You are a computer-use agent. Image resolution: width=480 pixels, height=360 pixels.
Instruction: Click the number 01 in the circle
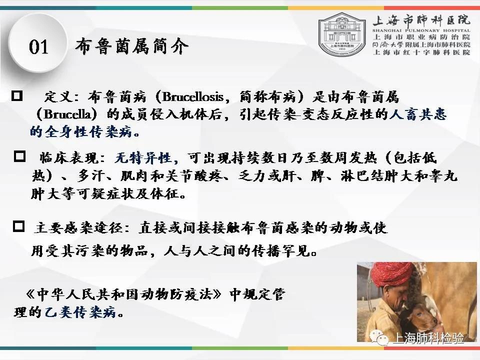click(x=38, y=47)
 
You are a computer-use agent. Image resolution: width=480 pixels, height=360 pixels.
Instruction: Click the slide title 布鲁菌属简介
click(x=132, y=46)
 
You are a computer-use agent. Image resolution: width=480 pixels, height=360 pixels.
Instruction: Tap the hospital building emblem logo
click(x=342, y=33)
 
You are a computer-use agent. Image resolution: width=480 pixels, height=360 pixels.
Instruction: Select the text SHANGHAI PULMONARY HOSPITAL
click(x=421, y=30)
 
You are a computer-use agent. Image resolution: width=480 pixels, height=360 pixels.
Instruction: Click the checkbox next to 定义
click(x=17, y=96)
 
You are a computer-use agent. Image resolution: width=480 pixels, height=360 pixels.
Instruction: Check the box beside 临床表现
click(x=19, y=156)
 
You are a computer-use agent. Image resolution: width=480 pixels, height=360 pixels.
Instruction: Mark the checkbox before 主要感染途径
click(x=19, y=226)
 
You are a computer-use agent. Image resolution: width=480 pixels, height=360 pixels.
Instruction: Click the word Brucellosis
click(x=193, y=96)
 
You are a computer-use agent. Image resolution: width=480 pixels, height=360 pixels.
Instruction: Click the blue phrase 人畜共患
click(x=418, y=114)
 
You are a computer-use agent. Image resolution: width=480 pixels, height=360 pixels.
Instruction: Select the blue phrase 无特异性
click(x=142, y=158)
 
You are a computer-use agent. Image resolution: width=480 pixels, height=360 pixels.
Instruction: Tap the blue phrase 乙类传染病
click(x=80, y=312)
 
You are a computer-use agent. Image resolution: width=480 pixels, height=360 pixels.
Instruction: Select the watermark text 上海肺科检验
click(x=428, y=338)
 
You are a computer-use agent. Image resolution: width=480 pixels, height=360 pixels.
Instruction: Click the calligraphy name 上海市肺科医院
click(x=421, y=20)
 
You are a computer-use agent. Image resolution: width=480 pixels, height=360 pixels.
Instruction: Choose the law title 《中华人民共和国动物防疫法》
click(x=123, y=294)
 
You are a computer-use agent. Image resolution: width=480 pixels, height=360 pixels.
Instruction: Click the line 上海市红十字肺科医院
click(x=421, y=52)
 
